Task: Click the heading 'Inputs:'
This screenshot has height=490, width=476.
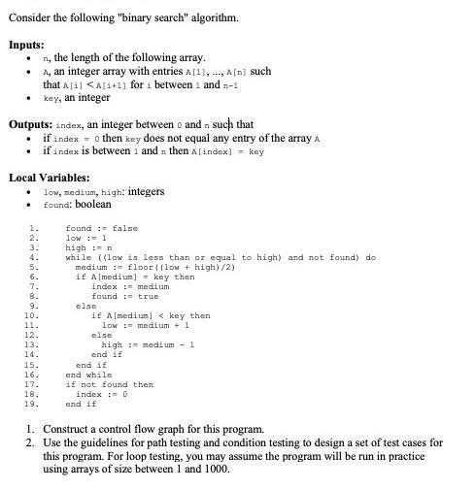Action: pyautogui.click(x=28, y=45)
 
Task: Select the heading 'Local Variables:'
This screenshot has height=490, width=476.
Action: pyautogui.click(x=49, y=178)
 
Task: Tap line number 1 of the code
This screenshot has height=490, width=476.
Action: pyautogui.click(x=35, y=227)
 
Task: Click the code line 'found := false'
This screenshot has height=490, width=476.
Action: pyautogui.click(x=101, y=227)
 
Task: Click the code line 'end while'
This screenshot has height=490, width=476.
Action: pyautogui.click(x=88, y=375)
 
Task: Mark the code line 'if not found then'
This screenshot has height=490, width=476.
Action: pyautogui.click(x=109, y=384)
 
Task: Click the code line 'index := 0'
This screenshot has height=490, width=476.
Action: pyautogui.click(x=101, y=394)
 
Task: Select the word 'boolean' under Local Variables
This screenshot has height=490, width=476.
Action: pyautogui.click(x=91, y=205)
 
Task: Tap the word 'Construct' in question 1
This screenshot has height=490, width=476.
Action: pyautogui.click(x=67, y=428)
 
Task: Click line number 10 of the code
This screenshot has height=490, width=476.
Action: pyautogui.click(x=35, y=315)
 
